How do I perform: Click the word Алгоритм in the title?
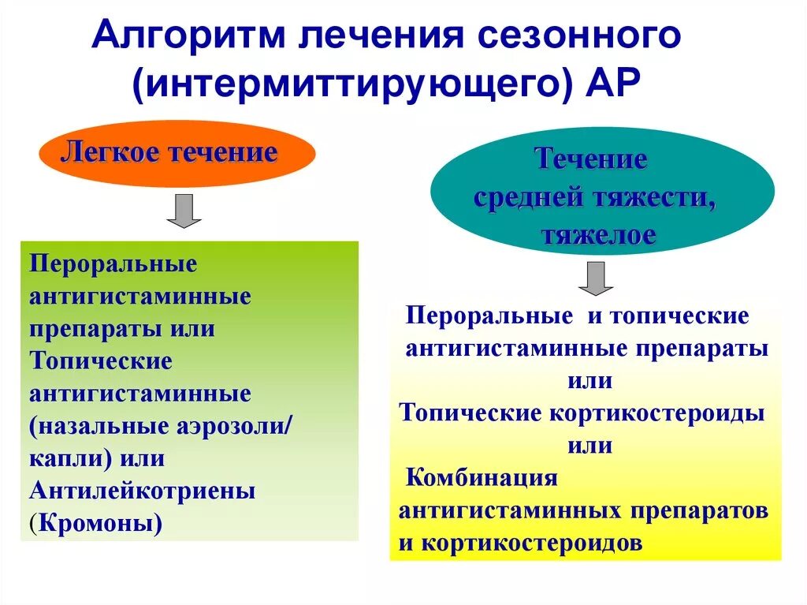(x=185, y=38)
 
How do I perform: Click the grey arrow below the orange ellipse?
(x=184, y=211)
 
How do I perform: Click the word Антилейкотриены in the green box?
(x=143, y=491)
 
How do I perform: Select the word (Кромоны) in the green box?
(x=95, y=522)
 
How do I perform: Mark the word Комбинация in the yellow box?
(x=482, y=478)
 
